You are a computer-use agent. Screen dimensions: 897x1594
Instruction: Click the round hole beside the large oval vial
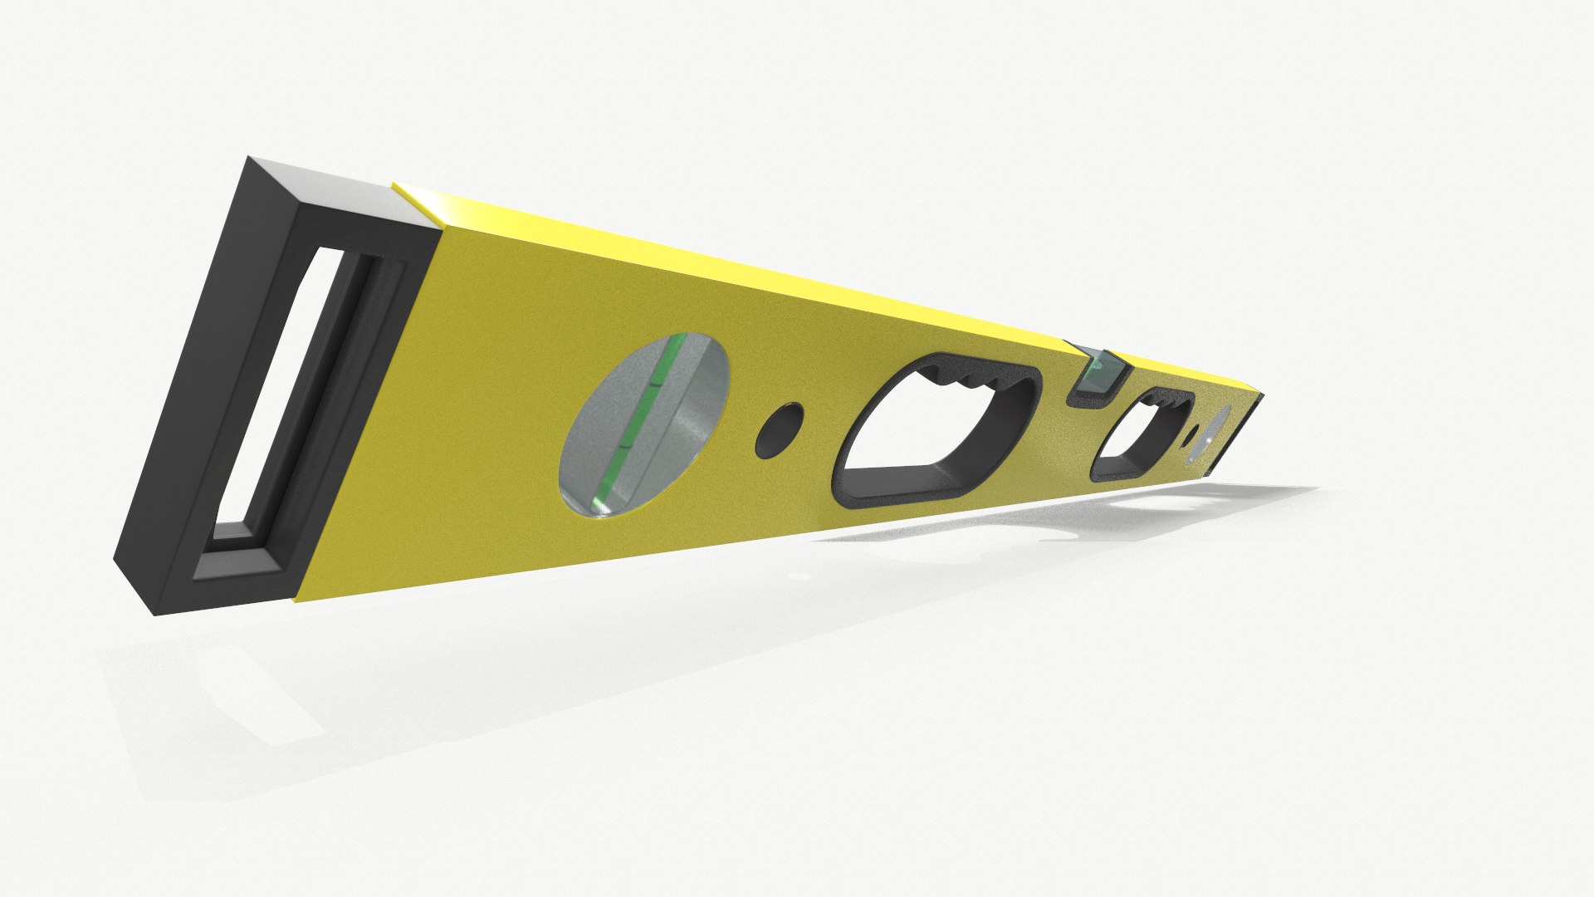point(781,429)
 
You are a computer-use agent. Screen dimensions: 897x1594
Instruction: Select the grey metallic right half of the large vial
point(689,415)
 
